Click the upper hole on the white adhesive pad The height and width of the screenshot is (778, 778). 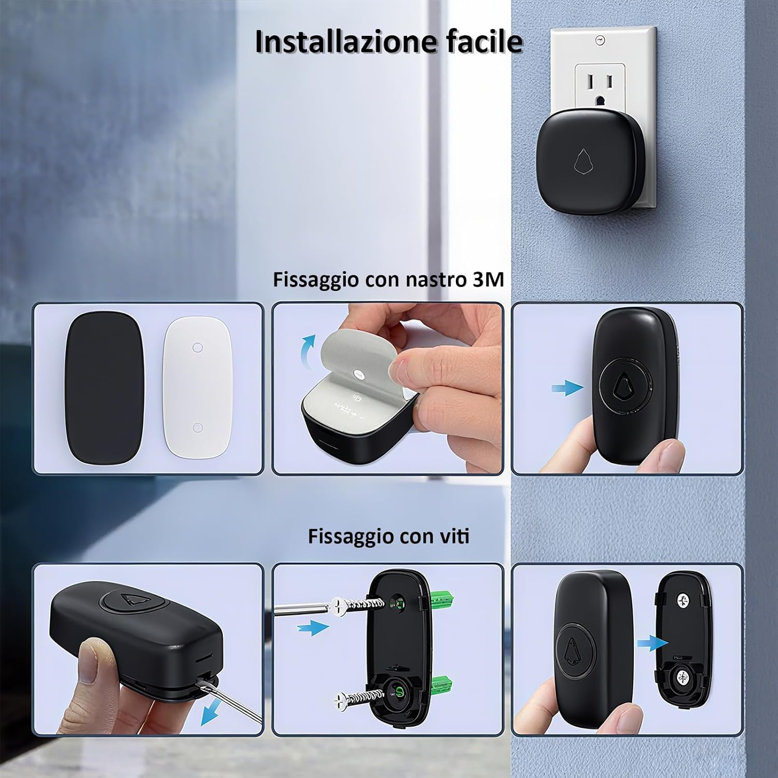pos(197,347)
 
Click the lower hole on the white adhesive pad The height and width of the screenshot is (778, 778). pos(197,427)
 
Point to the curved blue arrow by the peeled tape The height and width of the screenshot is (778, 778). pos(308,348)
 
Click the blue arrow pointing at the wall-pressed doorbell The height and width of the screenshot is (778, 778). pos(566,387)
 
